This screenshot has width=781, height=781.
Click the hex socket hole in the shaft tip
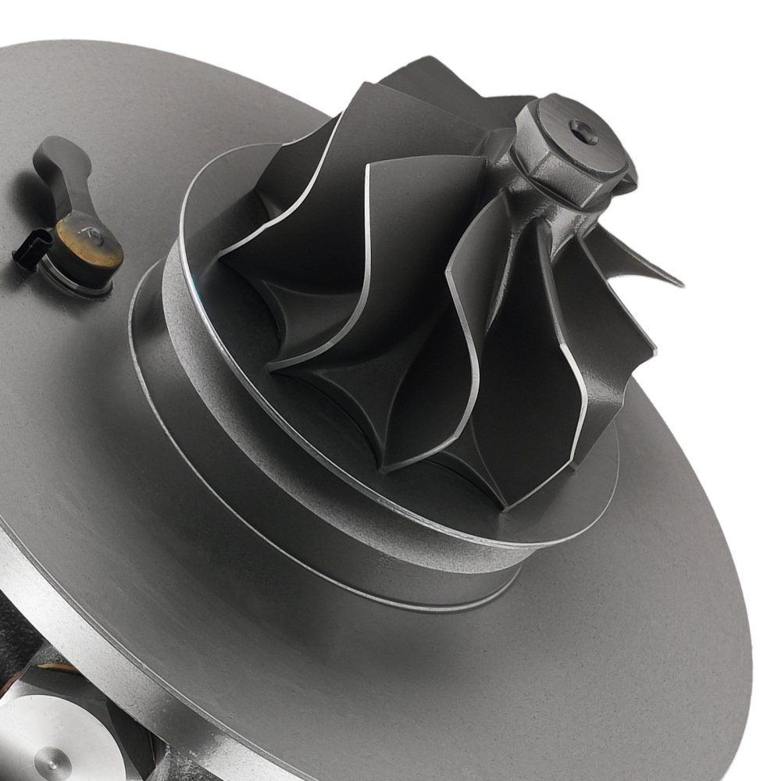tap(583, 132)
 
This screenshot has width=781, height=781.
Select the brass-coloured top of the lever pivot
tap(88, 241)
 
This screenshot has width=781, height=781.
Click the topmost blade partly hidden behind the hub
tap(437, 78)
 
